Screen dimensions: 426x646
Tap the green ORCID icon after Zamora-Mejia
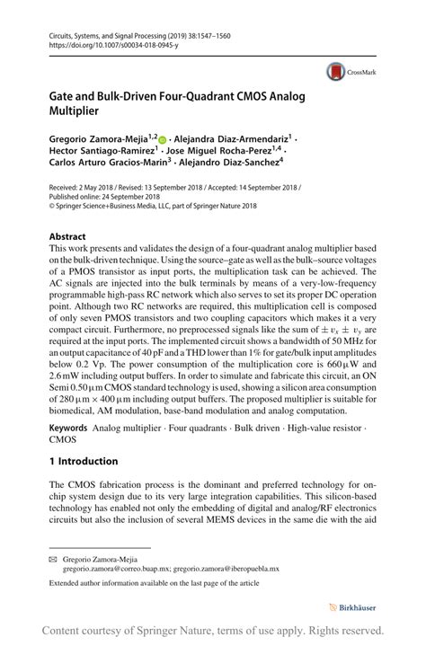163,139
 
